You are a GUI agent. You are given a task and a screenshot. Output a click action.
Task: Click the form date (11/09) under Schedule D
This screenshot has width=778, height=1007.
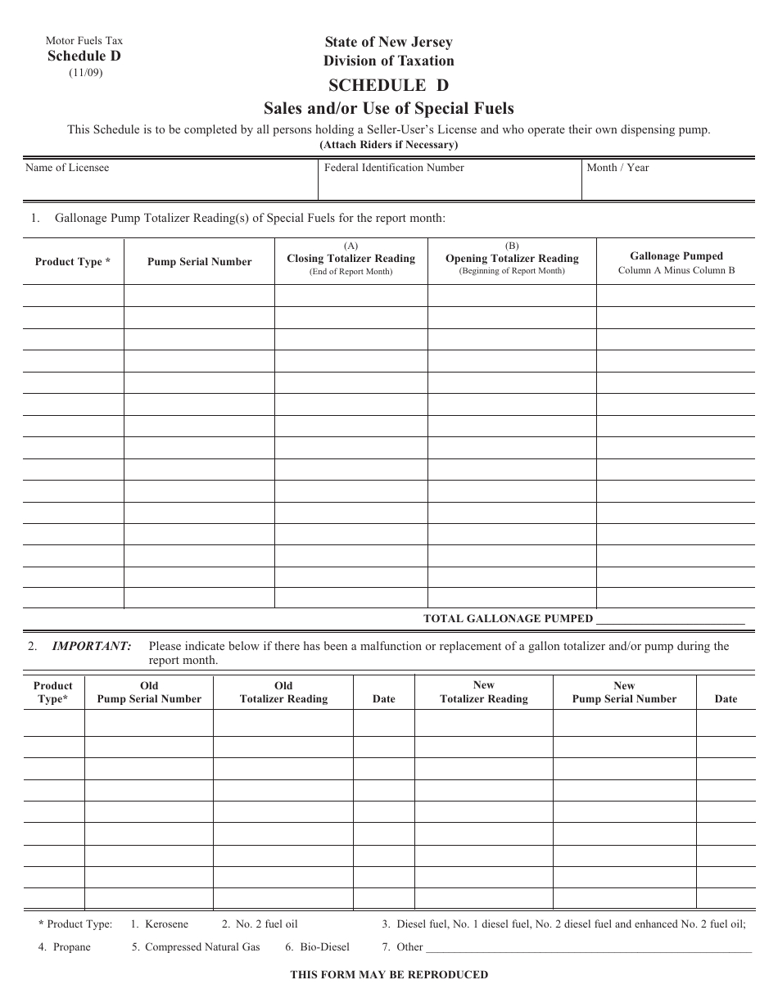point(84,72)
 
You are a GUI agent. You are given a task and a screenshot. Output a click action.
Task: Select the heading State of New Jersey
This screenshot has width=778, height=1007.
point(388,43)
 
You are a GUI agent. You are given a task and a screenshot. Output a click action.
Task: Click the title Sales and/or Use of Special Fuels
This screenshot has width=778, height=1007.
point(388,108)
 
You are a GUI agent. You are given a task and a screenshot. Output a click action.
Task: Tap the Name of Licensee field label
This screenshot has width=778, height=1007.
point(67,168)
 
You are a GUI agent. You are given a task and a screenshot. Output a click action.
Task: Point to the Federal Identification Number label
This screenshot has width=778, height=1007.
point(394,168)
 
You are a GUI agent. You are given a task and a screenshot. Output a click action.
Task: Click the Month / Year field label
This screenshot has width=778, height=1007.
point(617,168)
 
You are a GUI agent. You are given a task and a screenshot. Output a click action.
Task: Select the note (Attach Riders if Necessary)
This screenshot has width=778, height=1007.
point(388,145)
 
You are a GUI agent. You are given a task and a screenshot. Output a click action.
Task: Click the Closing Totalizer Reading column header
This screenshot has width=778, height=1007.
point(351,259)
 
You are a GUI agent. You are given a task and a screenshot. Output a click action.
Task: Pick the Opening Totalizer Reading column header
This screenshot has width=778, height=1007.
point(512,259)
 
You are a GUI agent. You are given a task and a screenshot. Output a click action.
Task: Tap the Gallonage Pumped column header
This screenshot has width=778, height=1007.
point(676,256)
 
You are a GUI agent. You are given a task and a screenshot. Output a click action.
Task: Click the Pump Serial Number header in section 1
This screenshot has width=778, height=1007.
point(200,262)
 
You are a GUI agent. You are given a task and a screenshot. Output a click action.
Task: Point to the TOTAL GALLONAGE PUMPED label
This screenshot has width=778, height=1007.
point(508,619)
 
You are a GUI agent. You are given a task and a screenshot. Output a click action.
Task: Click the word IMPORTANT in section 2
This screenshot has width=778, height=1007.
point(92,646)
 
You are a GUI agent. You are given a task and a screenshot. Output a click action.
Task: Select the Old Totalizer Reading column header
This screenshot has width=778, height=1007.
point(283,693)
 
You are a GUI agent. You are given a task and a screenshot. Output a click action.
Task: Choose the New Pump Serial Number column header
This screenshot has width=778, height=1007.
point(624,693)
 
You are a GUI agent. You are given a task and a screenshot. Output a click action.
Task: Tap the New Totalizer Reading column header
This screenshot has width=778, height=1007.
point(484,693)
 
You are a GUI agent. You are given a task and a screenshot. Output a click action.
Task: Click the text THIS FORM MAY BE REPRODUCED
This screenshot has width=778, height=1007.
point(389,974)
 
